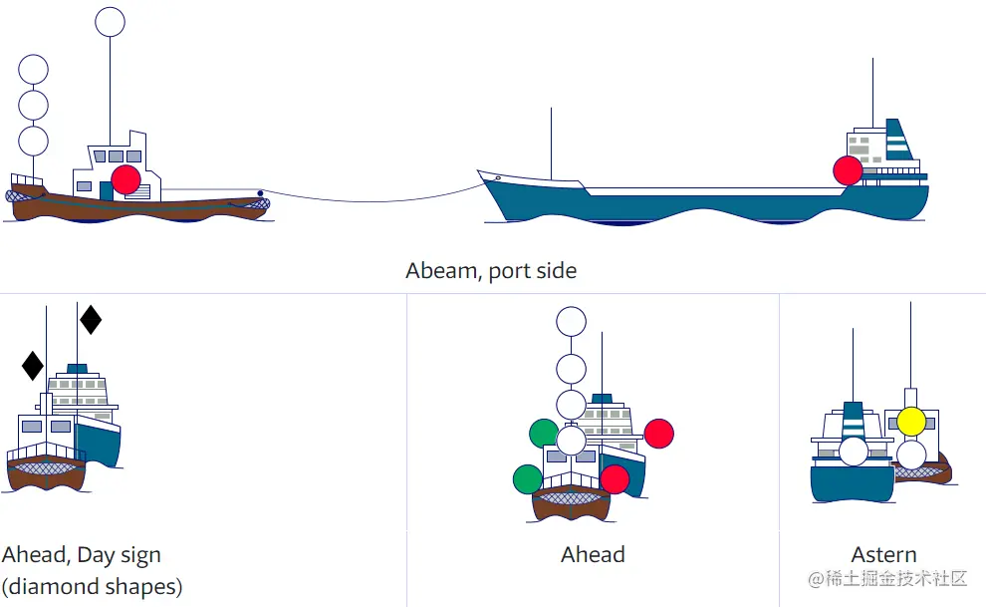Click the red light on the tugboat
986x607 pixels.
tap(125, 179)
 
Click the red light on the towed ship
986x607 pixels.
tap(848, 170)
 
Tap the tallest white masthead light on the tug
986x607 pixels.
tap(110, 22)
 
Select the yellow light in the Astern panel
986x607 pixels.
tap(911, 422)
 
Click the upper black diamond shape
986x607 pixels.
tap(91, 319)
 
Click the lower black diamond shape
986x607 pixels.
tap(33, 365)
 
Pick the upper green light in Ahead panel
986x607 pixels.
tap(544, 433)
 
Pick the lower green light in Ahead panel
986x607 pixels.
tap(527, 479)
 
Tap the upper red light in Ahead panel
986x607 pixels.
tap(659, 433)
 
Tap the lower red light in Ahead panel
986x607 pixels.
tap(615, 479)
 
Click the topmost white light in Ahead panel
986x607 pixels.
tap(571, 321)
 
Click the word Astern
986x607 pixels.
tap(884, 555)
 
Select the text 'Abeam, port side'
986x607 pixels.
tap(491, 270)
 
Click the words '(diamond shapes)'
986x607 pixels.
tap(92, 585)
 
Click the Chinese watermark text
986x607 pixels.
tap(886, 578)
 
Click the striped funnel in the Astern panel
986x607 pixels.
tap(853, 420)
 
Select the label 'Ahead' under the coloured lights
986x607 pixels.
tap(593, 555)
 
